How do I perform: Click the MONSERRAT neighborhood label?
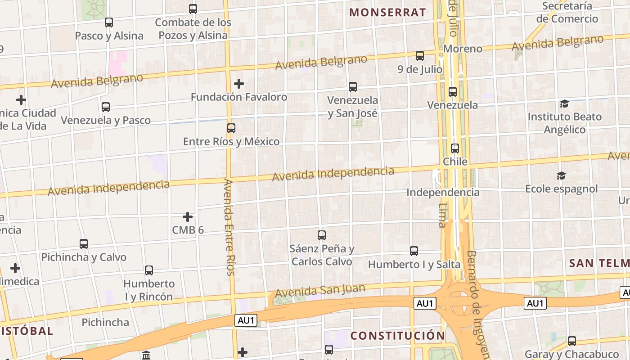point(387,12)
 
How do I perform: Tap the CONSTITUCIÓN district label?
point(398,335)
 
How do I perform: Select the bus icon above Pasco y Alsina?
point(108,22)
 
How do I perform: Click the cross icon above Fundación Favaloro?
point(239,84)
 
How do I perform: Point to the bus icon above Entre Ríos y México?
point(231,128)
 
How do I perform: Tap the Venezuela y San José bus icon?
point(353,87)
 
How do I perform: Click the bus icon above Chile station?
point(455,148)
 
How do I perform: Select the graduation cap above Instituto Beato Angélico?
point(564,104)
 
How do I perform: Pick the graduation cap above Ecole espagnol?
point(561,175)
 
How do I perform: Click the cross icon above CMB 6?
point(188,217)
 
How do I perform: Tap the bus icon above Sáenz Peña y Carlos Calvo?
point(322,235)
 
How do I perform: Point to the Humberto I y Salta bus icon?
point(414,251)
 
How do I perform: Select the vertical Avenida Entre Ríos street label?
point(229,227)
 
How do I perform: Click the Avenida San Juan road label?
point(320,290)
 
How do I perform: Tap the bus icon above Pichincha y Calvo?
point(84,244)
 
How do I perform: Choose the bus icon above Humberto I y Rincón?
point(149,270)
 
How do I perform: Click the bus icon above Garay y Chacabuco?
point(572,341)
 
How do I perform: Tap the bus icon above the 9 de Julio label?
point(420,56)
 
